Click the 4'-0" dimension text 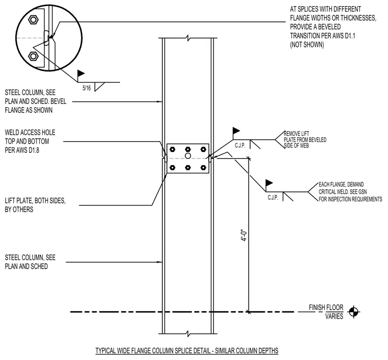tap(244, 236)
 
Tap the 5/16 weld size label tap(87, 88)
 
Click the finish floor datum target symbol tap(354, 312)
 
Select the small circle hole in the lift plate tap(188, 156)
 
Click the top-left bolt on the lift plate tap(173, 149)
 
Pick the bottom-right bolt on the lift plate tap(203, 168)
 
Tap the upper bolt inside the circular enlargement tap(33, 19)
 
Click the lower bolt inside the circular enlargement tap(33, 56)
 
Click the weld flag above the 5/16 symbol tap(81, 73)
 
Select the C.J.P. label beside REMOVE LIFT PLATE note tap(240, 145)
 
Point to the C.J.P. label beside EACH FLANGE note tap(273, 198)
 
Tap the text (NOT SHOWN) tap(307, 45)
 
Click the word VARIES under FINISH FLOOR tap(334, 316)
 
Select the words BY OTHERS tap(19, 210)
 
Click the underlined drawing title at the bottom tap(187, 351)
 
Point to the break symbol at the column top tap(188, 38)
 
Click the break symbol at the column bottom tap(188, 334)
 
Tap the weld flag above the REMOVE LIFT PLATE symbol tap(236, 131)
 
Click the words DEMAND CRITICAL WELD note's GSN tap(362, 192)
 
